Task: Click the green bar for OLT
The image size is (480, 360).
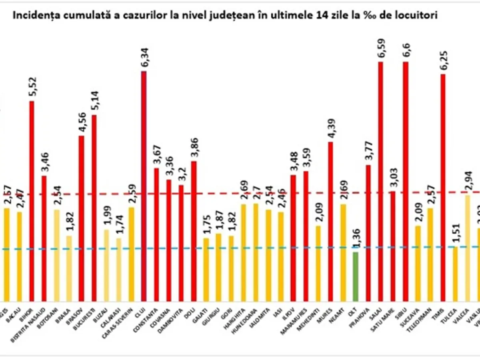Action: (x=356, y=276)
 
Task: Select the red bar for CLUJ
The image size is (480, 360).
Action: (x=144, y=186)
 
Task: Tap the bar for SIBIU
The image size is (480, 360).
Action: (x=406, y=182)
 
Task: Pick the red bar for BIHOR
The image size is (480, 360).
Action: (x=32, y=201)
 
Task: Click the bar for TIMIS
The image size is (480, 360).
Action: (x=443, y=188)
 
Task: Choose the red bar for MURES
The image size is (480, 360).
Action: (x=330, y=221)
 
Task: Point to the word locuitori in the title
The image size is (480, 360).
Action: (x=418, y=16)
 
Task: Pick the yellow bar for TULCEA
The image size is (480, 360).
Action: (x=455, y=274)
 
